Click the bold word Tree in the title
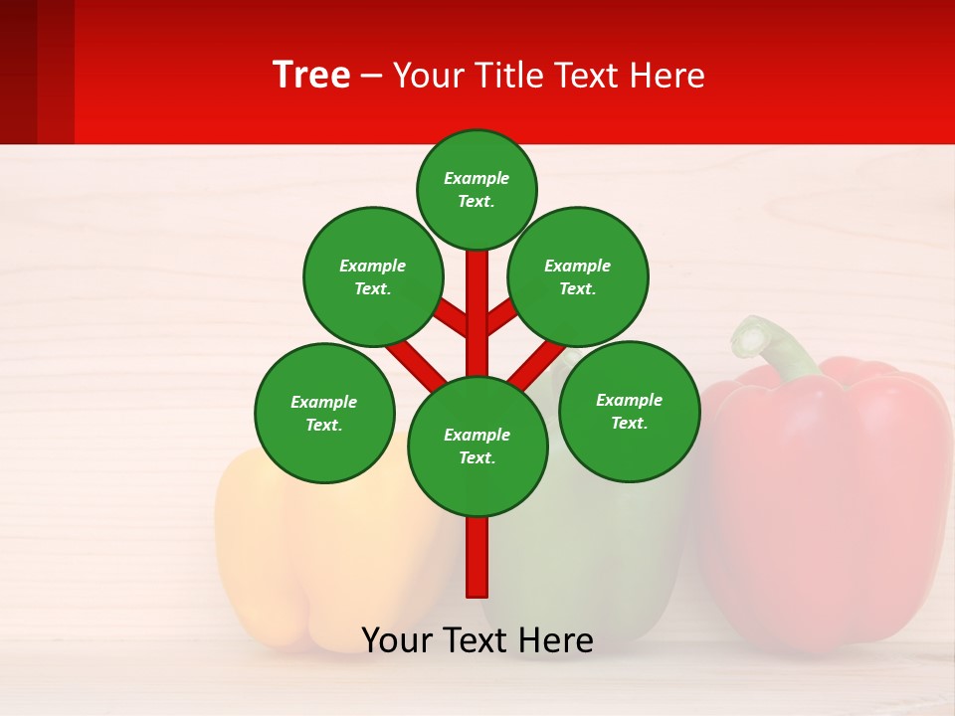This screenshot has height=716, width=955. click(311, 75)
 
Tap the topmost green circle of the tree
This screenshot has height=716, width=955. click(477, 189)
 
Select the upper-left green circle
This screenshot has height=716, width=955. click(373, 276)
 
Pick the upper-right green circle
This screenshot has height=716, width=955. click(578, 276)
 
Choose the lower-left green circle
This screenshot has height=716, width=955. click(324, 413)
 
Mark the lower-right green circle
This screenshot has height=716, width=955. click(629, 411)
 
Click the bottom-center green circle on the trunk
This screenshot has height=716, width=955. click(477, 446)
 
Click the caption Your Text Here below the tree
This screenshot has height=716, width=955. click(477, 640)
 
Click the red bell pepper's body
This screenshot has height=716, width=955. click(826, 497)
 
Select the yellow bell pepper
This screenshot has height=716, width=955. click(298, 557)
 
